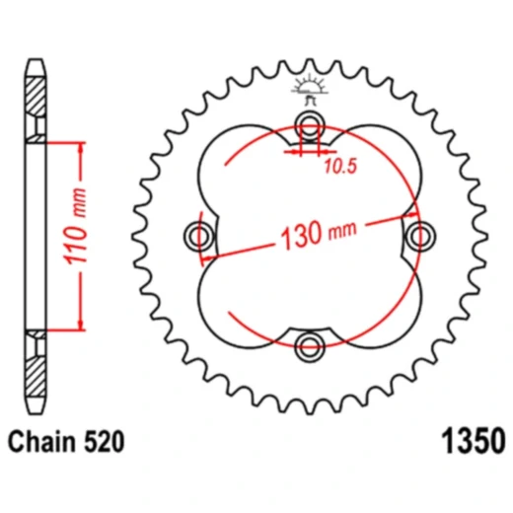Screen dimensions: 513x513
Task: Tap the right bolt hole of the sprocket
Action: coord(420,235)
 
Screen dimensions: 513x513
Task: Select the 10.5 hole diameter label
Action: coord(338,167)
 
